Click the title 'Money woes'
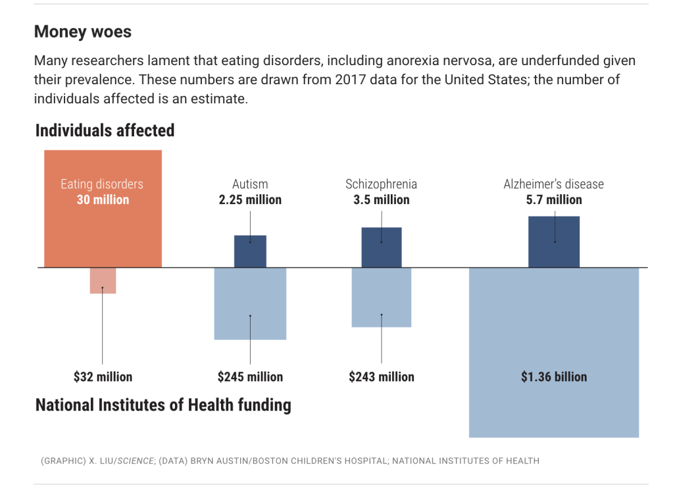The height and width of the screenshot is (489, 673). tap(83, 32)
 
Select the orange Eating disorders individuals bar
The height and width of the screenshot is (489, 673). tap(103, 230)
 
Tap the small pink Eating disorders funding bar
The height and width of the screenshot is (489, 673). tap(103, 280)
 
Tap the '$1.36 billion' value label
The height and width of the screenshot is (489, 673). tap(554, 377)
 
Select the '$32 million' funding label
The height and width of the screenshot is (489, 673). tap(103, 377)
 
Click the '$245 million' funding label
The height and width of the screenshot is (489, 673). tap(250, 377)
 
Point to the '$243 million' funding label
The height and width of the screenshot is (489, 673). tap(382, 377)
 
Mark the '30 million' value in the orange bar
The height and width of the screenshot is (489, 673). tap(103, 200)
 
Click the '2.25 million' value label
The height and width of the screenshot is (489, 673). tap(250, 200)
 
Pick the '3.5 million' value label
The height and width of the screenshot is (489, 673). tap(382, 200)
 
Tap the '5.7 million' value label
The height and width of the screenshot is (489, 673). tap(554, 200)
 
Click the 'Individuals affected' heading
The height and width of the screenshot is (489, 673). tap(105, 130)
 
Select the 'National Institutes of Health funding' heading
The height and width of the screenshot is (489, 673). tap(163, 404)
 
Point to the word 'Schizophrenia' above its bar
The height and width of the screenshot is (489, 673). tap(382, 184)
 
